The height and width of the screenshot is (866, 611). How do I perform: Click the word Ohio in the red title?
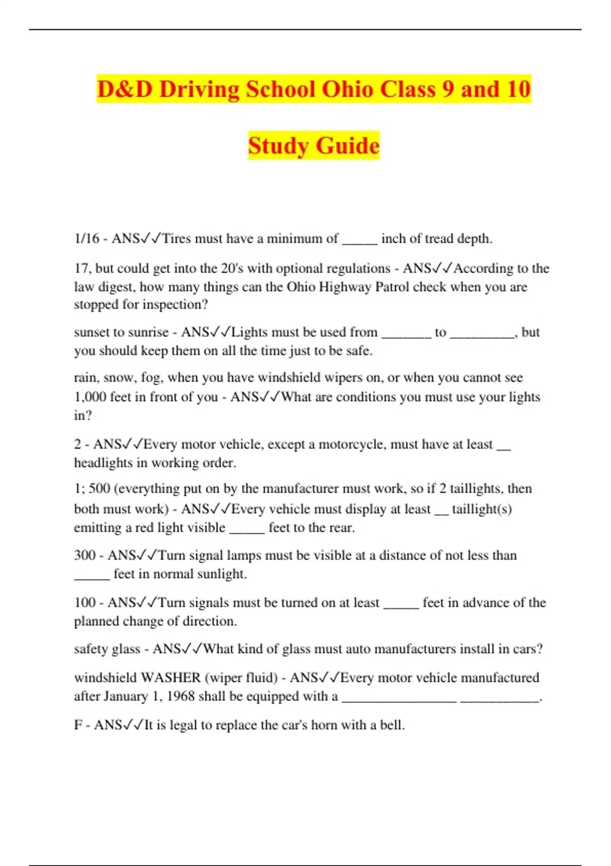pyautogui.click(x=348, y=90)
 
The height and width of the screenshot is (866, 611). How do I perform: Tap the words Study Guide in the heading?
pyautogui.click(x=314, y=146)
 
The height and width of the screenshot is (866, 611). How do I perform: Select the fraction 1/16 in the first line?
pyautogui.click(x=87, y=238)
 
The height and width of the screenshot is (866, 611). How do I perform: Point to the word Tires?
pyautogui.click(x=176, y=238)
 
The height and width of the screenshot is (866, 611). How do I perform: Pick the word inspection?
pyautogui.click(x=173, y=305)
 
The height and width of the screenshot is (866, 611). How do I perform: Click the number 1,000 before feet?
pyautogui.click(x=90, y=397)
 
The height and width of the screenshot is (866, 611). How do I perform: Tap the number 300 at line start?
pyautogui.click(x=85, y=555)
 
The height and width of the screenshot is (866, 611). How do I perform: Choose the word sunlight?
pyautogui.click(x=221, y=574)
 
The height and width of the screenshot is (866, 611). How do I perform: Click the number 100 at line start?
pyautogui.click(x=85, y=603)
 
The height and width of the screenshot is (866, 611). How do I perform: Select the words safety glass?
pyautogui.click(x=107, y=649)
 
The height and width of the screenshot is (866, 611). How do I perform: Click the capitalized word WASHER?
pyautogui.click(x=171, y=678)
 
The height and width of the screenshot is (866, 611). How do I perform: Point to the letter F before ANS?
pyautogui.click(x=78, y=725)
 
